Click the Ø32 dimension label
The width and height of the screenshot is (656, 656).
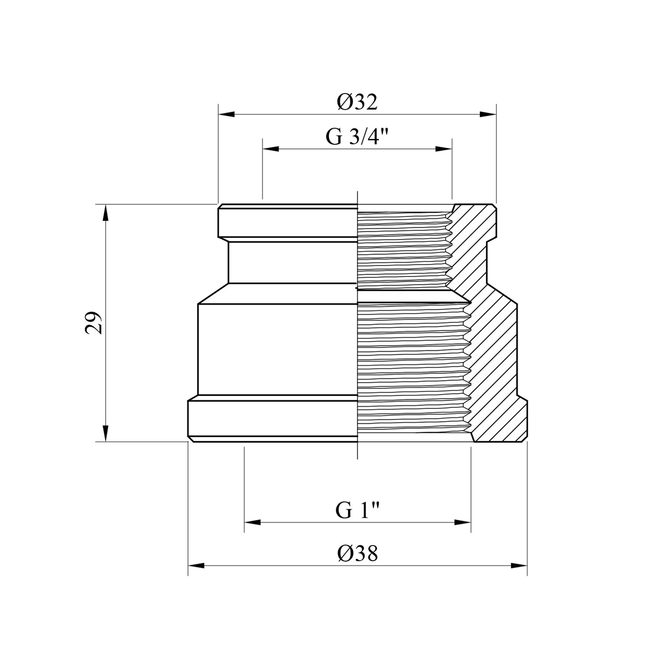click(x=357, y=102)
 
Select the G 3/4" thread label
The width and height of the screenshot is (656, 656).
click(x=357, y=137)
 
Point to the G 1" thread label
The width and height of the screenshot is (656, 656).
click(x=357, y=510)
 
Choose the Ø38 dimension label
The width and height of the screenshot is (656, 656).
click(x=357, y=554)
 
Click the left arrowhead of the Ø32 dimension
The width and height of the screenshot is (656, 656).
click(x=227, y=115)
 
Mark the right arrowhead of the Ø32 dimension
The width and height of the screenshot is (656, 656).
click(x=488, y=115)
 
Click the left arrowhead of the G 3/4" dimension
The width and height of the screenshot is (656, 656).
click(x=271, y=149)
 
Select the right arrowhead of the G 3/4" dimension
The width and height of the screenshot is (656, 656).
click(x=443, y=149)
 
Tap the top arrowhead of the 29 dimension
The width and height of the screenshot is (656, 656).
click(x=105, y=213)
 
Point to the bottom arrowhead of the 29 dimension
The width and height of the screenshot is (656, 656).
click(x=105, y=433)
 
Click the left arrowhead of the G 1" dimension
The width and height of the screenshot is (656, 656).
click(x=253, y=522)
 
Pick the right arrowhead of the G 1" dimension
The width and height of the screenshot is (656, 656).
click(x=462, y=522)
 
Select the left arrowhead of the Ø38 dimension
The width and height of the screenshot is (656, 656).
click(x=197, y=566)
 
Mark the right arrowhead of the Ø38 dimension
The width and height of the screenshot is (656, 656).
click(x=518, y=566)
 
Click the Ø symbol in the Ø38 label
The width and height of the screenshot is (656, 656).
click(x=344, y=554)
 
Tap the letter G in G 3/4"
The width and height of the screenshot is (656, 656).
click(x=333, y=137)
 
